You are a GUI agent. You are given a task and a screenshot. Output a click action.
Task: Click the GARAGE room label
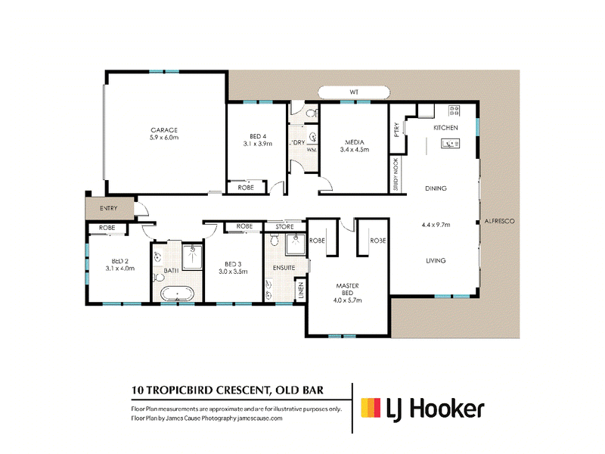click(164, 130)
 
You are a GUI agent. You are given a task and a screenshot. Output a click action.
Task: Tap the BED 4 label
click(258, 136)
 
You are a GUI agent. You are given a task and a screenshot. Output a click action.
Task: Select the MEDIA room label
click(355, 142)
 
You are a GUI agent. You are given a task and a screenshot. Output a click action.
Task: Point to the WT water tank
click(354, 92)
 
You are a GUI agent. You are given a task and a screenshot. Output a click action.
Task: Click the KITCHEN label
click(445, 128)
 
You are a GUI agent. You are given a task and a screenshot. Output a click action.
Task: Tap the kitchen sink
click(450, 144)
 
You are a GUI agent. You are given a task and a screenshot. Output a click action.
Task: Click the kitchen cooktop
click(455, 110)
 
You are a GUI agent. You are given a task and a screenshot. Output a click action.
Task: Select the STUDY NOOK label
click(396, 175)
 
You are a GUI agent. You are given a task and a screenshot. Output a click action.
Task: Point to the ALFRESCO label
click(499, 221)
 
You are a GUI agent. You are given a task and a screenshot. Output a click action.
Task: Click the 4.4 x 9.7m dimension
click(436, 225)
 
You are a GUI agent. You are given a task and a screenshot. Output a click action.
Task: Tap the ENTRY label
click(108, 208)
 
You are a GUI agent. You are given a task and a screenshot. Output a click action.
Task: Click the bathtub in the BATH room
click(177, 294)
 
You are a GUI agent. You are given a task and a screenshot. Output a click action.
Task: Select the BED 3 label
click(233, 264)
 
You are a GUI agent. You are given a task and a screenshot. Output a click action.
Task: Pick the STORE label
click(284, 227)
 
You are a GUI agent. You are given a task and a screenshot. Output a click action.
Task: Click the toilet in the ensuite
click(275, 240)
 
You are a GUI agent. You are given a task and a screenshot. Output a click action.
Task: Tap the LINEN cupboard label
click(301, 290)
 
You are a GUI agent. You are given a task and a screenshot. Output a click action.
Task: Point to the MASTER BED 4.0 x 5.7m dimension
click(348, 300)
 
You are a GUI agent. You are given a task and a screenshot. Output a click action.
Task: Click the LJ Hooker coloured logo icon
click(371, 408)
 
